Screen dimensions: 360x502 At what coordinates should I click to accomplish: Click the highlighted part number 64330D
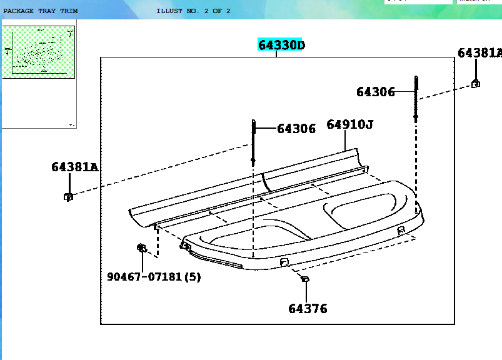pyautogui.click(x=281, y=45)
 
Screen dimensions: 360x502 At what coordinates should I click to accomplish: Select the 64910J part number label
pyautogui.click(x=349, y=125)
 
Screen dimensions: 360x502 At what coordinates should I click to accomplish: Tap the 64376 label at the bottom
pyautogui.click(x=307, y=308)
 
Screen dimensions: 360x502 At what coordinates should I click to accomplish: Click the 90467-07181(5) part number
pyautogui.click(x=154, y=276)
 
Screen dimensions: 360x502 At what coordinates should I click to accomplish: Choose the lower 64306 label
pyautogui.click(x=296, y=129)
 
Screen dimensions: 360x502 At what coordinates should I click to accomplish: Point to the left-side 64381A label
pyautogui.click(x=74, y=167)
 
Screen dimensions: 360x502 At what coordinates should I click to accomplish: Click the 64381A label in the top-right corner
pyautogui.click(x=479, y=53)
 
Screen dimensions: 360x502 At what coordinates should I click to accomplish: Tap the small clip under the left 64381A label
pyautogui.click(x=68, y=197)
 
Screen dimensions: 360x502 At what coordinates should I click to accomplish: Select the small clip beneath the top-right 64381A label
pyautogui.click(x=476, y=83)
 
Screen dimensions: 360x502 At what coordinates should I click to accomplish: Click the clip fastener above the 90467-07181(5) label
pyautogui.click(x=141, y=248)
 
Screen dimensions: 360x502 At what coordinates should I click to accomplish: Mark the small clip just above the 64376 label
pyautogui.click(x=305, y=279)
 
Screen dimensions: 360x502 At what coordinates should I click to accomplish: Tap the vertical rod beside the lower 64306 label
pyautogui.click(x=253, y=141)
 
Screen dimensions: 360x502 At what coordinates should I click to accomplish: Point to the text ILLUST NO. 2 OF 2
pyautogui.click(x=193, y=11)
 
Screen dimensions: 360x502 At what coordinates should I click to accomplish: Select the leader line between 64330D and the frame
pyautogui.click(x=276, y=54)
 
